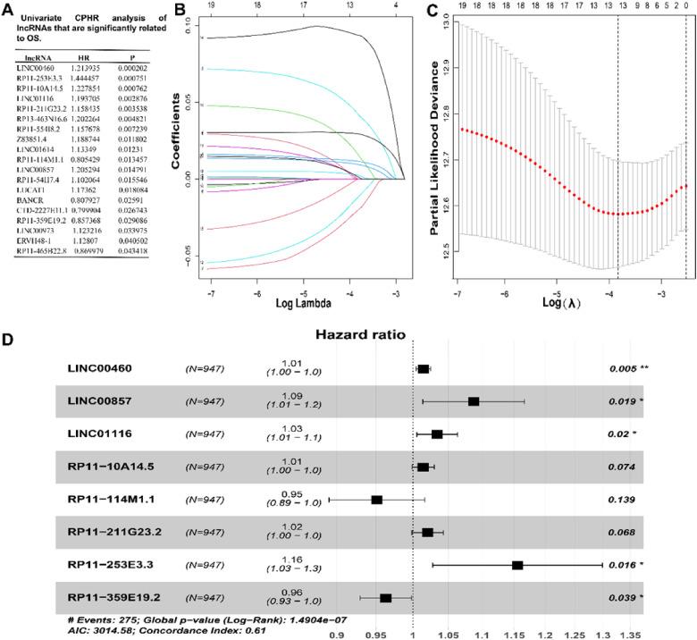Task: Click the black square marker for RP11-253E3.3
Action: coord(517,565)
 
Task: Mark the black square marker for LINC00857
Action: coord(474,401)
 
